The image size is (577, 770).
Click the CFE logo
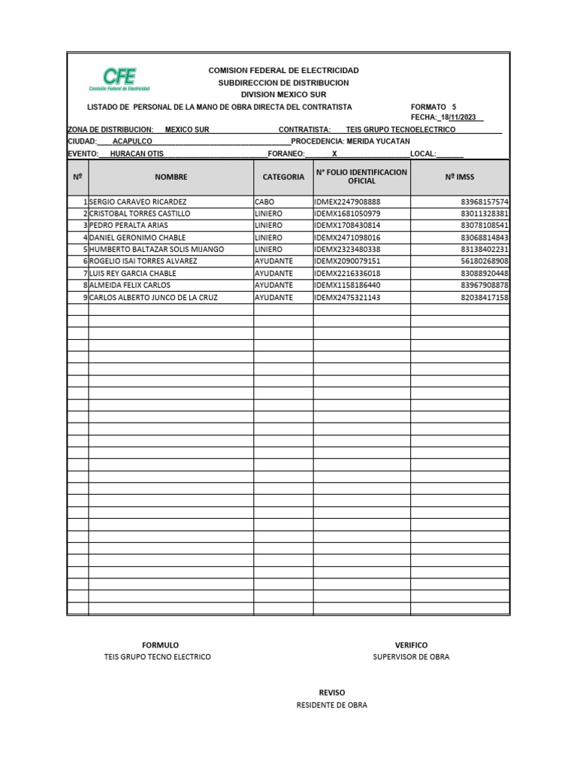coord(119,78)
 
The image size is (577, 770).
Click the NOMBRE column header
coord(171,177)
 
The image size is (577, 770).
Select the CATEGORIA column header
coord(283,177)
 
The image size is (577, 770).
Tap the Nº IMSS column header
coord(460,177)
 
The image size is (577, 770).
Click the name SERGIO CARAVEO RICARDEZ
coord(137,202)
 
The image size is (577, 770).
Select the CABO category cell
coord(265,202)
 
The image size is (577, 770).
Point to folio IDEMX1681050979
coord(348,214)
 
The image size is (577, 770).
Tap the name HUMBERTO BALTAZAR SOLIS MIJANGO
coord(156,250)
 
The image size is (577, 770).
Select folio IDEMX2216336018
coord(348,274)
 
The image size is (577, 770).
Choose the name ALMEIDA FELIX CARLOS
coord(129,286)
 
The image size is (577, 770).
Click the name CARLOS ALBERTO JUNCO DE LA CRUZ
coord(153,298)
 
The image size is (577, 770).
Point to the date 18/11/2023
coord(460,117)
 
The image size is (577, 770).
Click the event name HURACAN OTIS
coord(137,153)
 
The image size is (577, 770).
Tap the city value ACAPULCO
coord(132,141)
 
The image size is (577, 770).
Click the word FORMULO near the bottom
coord(160,645)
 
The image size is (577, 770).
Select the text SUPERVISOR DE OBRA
coord(411,657)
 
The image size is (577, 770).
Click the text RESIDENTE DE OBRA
coord(332,705)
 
